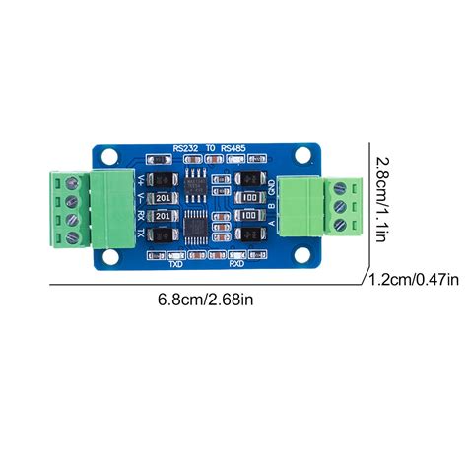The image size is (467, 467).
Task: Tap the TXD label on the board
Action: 176,265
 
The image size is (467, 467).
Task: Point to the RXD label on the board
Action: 236,265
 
